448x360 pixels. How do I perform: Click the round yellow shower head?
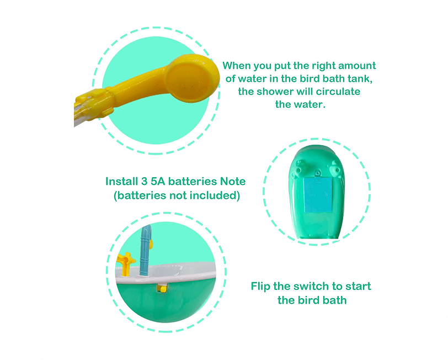(x=193, y=78)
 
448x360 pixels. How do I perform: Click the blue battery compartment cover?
(x=317, y=195)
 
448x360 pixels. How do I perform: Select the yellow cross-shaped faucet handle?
(x=126, y=263)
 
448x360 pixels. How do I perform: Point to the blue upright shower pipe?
(x=145, y=250)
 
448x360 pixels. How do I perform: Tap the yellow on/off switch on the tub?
(x=162, y=288)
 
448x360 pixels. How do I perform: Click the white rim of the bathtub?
(x=165, y=273)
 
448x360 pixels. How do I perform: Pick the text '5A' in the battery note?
(x=158, y=181)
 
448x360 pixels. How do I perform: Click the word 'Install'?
(x=122, y=181)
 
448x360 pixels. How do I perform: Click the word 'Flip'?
(x=260, y=287)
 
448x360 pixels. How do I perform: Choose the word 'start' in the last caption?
(x=358, y=286)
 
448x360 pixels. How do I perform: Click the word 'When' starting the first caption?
(x=237, y=66)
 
